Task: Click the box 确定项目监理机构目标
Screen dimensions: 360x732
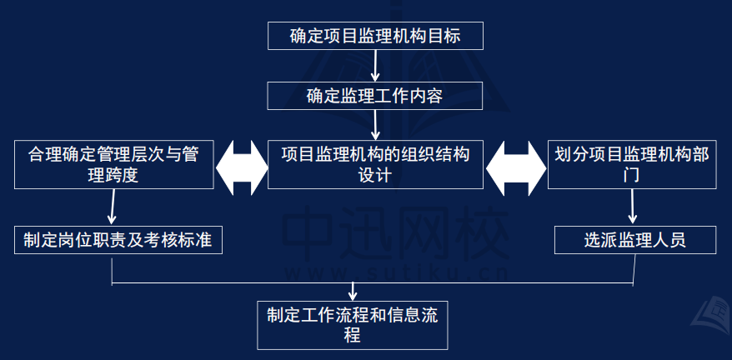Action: (x=375, y=37)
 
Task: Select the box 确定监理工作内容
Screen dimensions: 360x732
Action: (x=375, y=96)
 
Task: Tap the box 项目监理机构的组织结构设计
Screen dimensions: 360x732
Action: (x=375, y=165)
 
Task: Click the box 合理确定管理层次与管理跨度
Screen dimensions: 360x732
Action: (x=113, y=165)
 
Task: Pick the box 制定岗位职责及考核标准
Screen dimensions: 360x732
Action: (x=117, y=240)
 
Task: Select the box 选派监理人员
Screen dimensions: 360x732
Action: (x=634, y=240)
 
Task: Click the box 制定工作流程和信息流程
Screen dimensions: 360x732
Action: (x=352, y=326)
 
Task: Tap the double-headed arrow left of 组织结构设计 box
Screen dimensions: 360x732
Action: (x=241, y=166)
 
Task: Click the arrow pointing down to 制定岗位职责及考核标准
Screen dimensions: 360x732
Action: (x=113, y=208)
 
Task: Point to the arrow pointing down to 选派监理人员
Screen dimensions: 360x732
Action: (x=634, y=208)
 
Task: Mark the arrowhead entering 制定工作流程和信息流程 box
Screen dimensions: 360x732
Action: (x=353, y=295)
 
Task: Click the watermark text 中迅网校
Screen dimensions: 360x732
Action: (x=396, y=232)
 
